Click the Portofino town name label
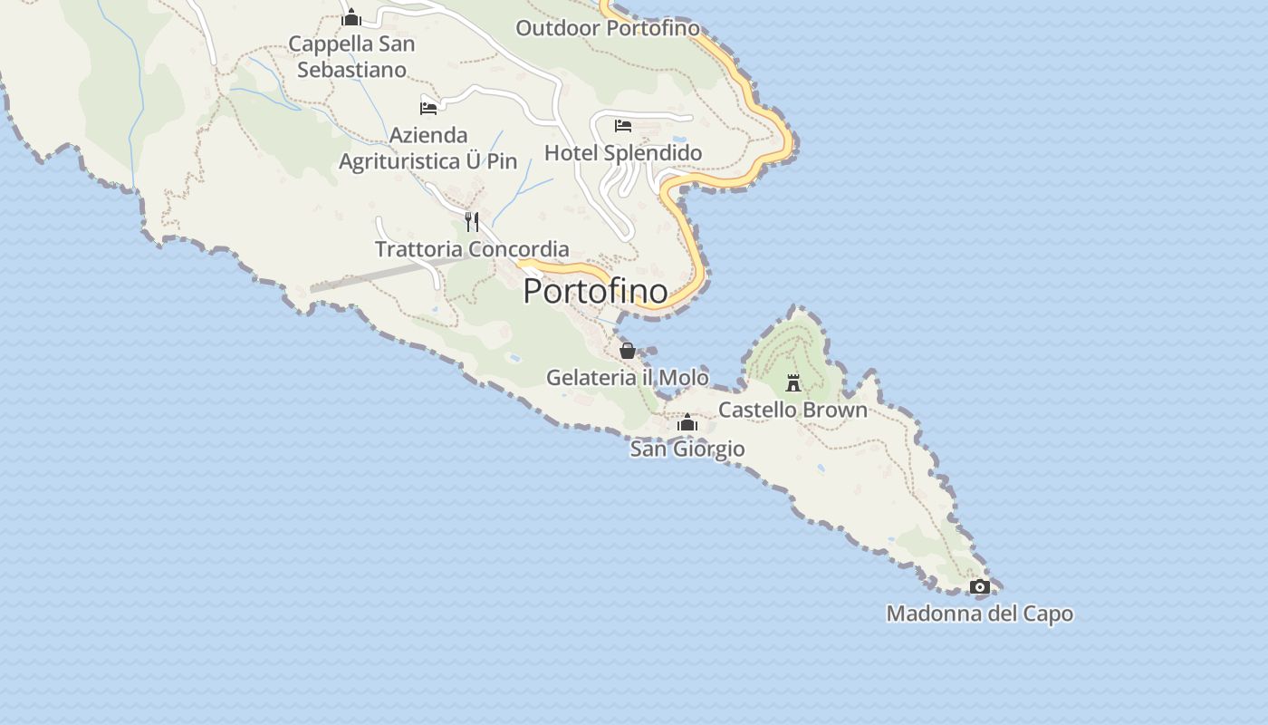point(595,291)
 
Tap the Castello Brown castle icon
point(793,383)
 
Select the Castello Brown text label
point(792,410)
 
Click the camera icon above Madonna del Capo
point(979,587)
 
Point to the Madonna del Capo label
point(979,614)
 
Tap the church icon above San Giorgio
point(687,423)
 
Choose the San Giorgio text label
point(687,449)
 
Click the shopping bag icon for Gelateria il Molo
point(627,351)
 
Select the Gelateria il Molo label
point(627,377)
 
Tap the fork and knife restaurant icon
point(472,222)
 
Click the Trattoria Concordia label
point(472,248)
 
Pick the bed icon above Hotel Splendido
point(623,126)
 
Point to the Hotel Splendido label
point(623,152)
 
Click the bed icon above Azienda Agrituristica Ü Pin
point(428,108)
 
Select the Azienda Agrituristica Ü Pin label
point(428,148)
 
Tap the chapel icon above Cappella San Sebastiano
point(351,17)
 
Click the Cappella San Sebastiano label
point(351,56)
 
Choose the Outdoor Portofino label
point(608,28)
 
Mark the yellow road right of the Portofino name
point(696,272)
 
